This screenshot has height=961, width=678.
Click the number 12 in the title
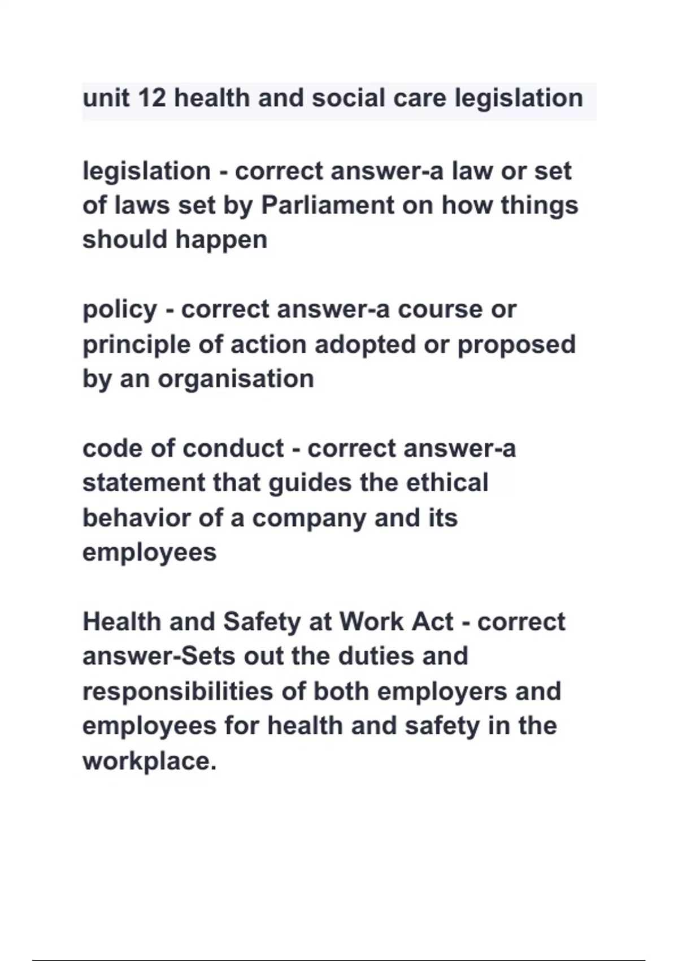pyautogui.click(x=151, y=98)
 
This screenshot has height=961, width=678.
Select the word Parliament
pyautogui.click(x=327, y=205)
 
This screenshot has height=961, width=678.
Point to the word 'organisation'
pyautogui.click(x=236, y=379)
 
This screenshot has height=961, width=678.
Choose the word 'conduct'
pyautogui.click(x=233, y=448)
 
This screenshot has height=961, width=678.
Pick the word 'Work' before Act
pyautogui.click(x=371, y=622)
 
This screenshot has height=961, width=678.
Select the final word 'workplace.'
pyautogui.click(x=150, y=761)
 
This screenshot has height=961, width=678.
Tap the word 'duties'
pyautogui.click(x=376, y=656)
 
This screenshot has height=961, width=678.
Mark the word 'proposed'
pyautogui.click(x=516, y=345)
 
